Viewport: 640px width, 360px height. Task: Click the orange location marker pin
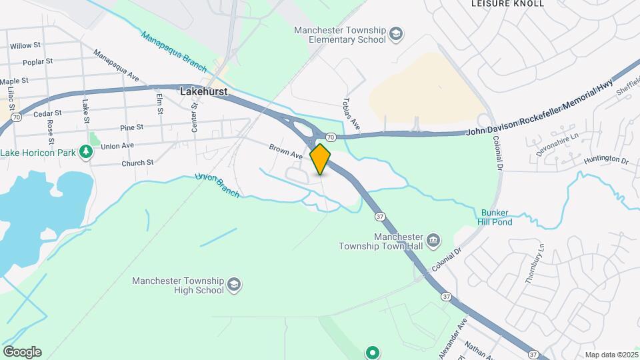point(321,159)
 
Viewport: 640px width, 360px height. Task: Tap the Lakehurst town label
point(204,92)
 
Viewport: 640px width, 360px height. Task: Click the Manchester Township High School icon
point(234,285)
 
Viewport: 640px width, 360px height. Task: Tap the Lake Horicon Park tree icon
point(85,153)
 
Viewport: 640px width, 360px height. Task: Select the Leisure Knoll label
point(507,3)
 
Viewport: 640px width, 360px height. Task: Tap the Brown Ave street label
point(285,151)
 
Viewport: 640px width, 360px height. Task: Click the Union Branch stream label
point(217,185)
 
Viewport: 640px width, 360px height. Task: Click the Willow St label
point(25,47)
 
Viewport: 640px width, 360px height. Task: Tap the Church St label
point(137,163)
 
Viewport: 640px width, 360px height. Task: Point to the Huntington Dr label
point(606,161)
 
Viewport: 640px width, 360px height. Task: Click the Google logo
point(22,352)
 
